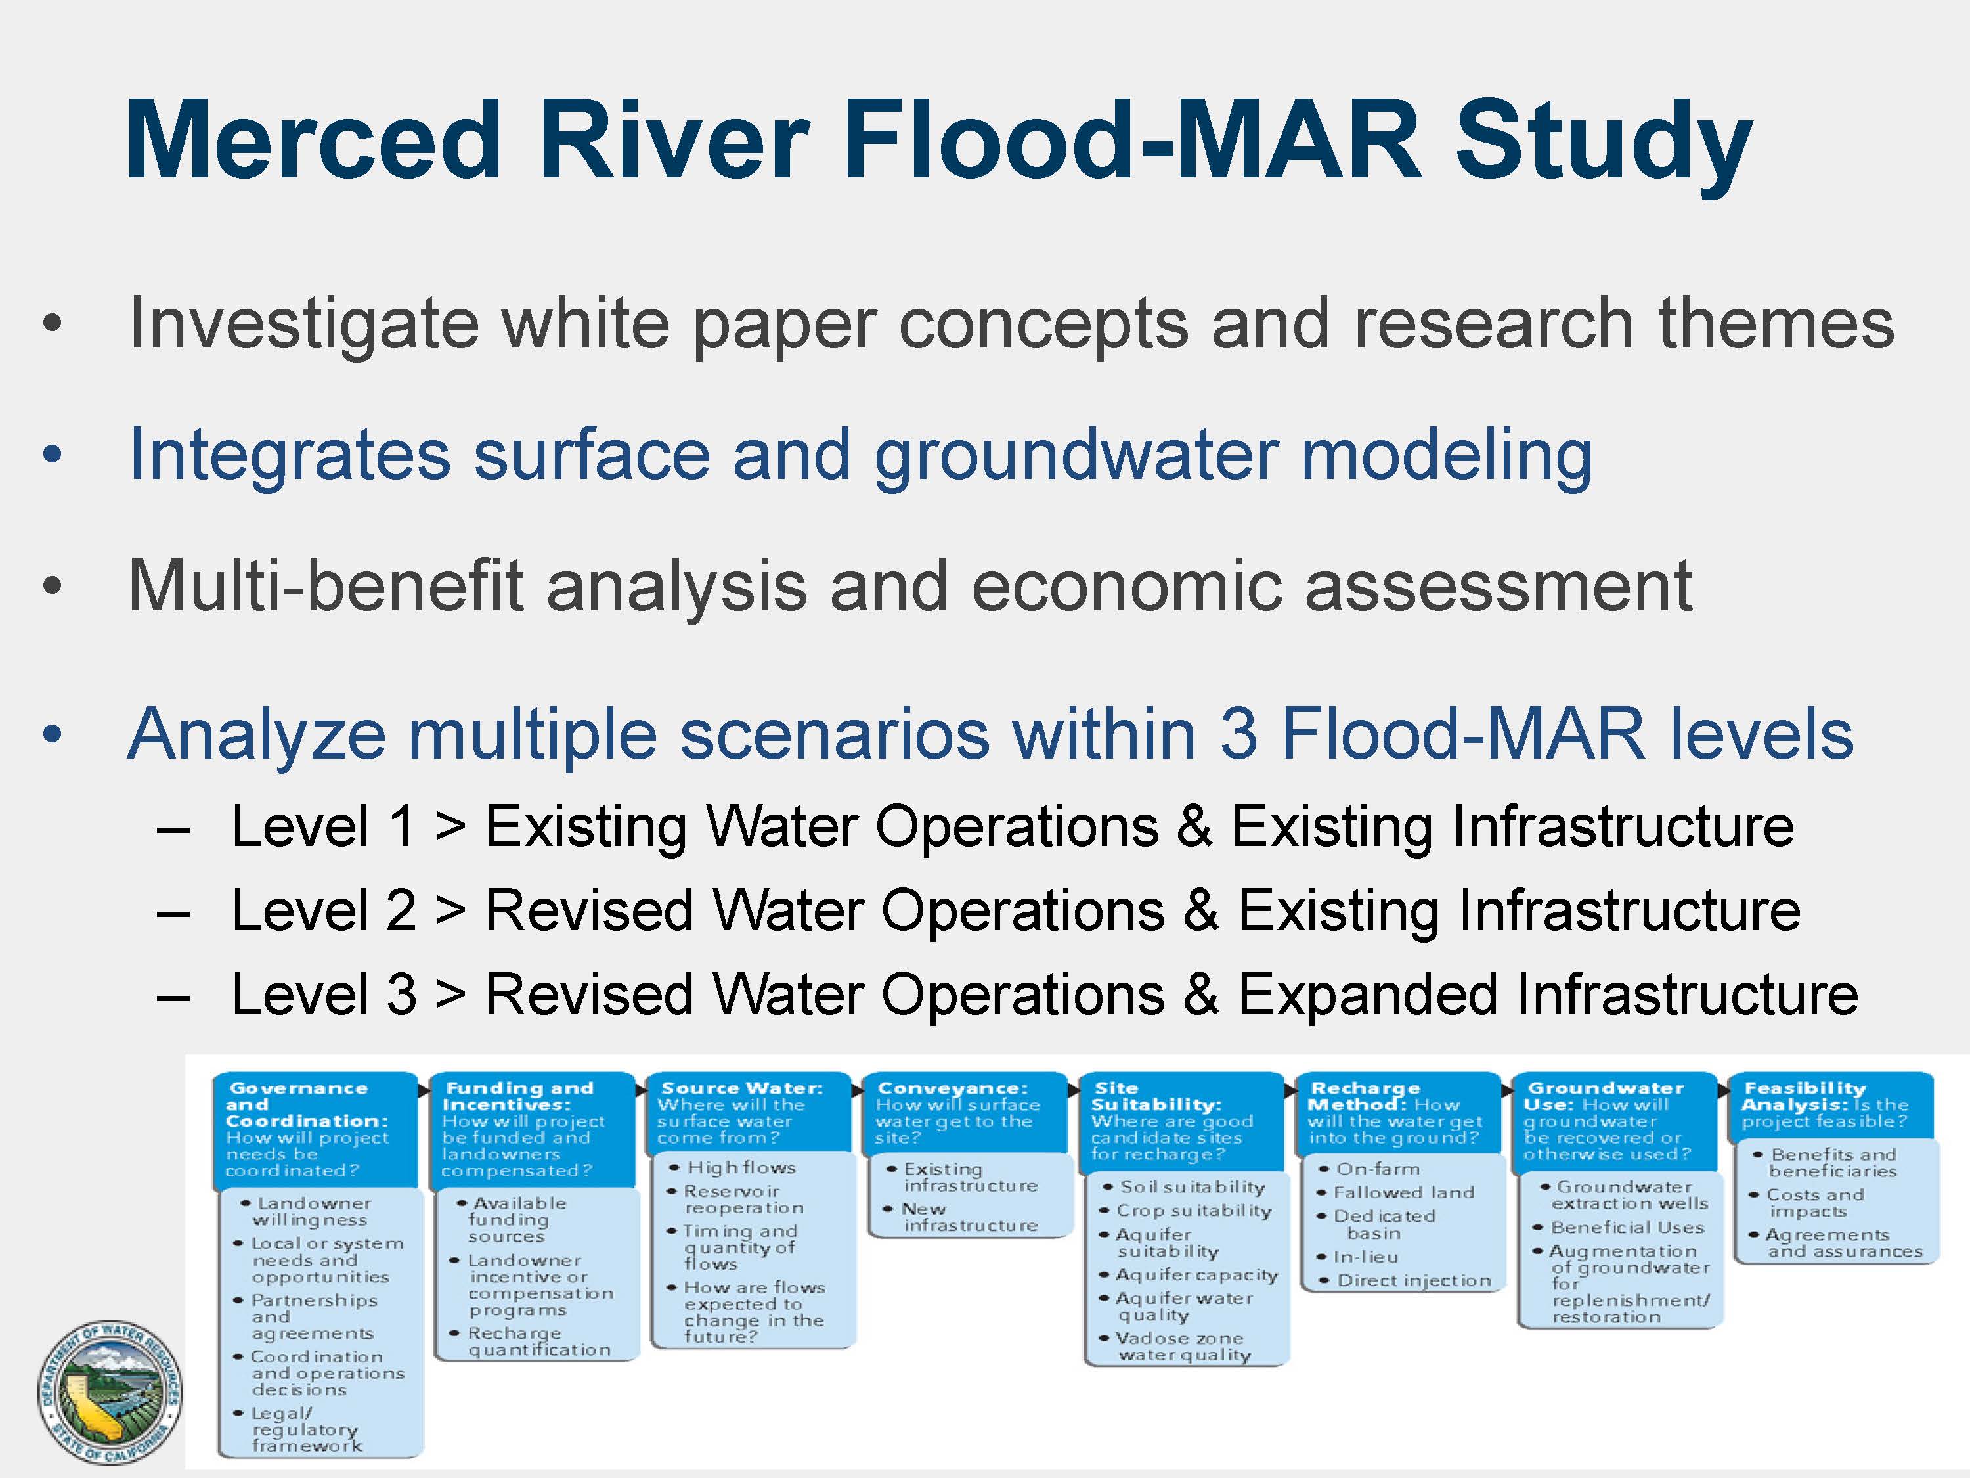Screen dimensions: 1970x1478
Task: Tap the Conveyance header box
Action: tap(965, 1113)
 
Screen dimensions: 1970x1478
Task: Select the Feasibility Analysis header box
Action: tap(1831, 1106)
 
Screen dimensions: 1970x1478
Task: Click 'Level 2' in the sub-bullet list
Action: tap(323, 910)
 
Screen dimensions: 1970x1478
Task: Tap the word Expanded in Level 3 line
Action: tap(1368, 995)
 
